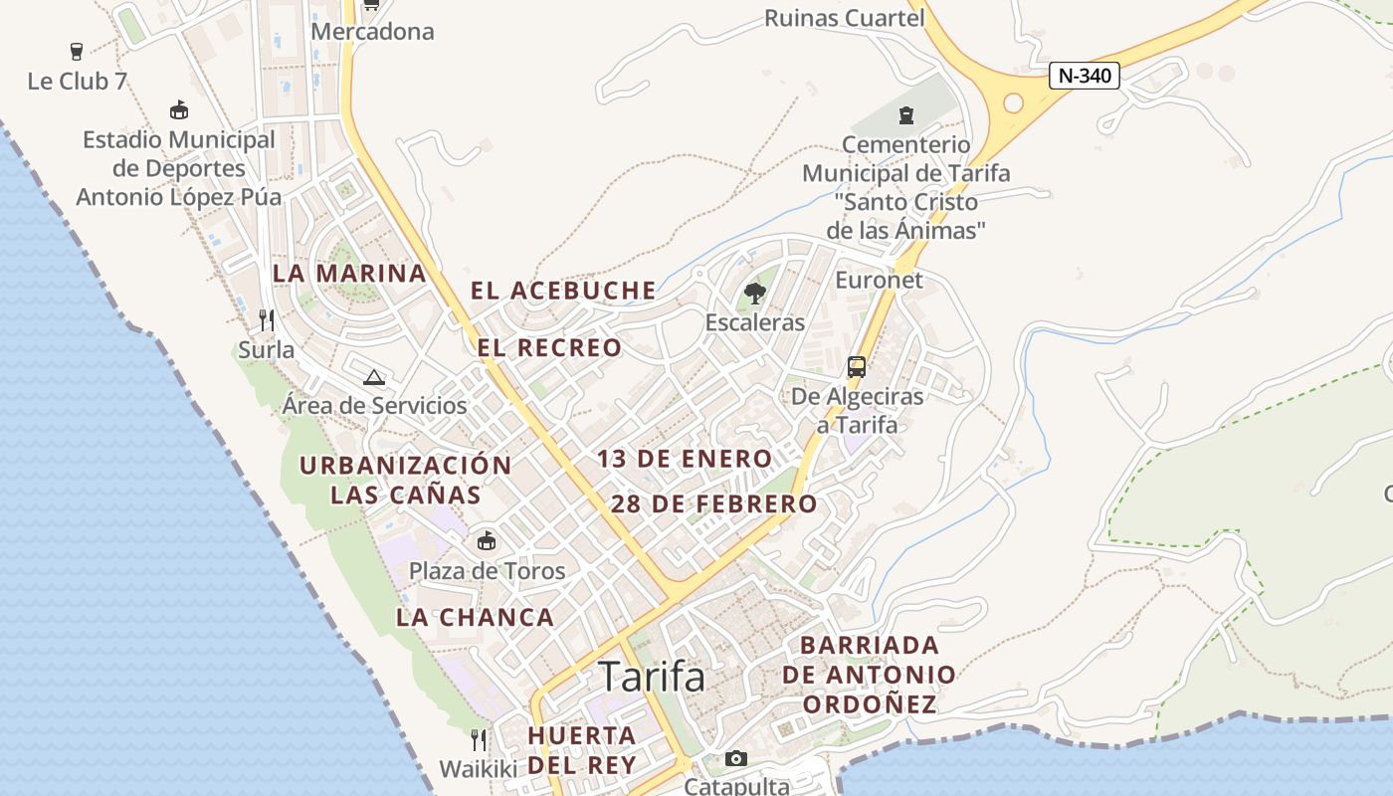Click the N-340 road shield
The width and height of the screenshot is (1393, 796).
(1085, 76)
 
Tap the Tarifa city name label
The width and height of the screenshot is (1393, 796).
(652, 677)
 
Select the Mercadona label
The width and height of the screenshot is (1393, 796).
(373, 31)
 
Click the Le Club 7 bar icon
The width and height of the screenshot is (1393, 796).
(77, 51)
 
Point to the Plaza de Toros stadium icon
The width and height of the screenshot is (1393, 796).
(487, 541)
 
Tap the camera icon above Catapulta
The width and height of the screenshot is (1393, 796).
(735, 758)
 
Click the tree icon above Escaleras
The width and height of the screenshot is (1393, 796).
(754, 293)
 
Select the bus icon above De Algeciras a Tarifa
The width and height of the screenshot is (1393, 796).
(856, 366)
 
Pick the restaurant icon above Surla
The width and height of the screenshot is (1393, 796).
(266, 319)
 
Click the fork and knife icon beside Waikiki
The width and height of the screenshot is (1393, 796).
(479, 739)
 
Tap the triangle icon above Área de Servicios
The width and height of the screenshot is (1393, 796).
(373, 377)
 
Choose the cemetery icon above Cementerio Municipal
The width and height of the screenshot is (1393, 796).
(905, 115)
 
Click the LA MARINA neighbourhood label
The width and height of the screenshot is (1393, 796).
(349, 273)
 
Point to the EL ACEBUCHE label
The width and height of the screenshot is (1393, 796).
(563, 291)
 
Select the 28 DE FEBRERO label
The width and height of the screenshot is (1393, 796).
(713, 503)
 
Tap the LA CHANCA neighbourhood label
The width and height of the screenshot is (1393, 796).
(475, 617)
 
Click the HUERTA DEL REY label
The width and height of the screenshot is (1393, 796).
(582, 750)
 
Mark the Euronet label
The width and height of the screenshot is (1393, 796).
(879, 280)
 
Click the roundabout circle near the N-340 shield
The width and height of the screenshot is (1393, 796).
(1013, 102)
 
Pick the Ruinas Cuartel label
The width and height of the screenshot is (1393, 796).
(844, 18)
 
